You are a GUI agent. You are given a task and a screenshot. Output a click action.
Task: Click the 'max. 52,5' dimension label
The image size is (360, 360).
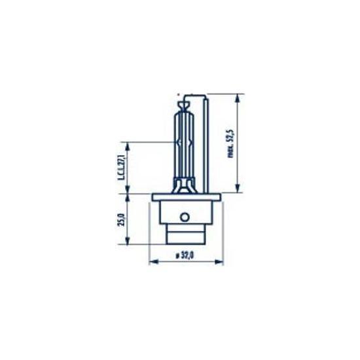(x=228, y=144)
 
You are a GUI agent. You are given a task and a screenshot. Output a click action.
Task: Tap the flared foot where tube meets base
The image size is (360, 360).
(x=185, y=186)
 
